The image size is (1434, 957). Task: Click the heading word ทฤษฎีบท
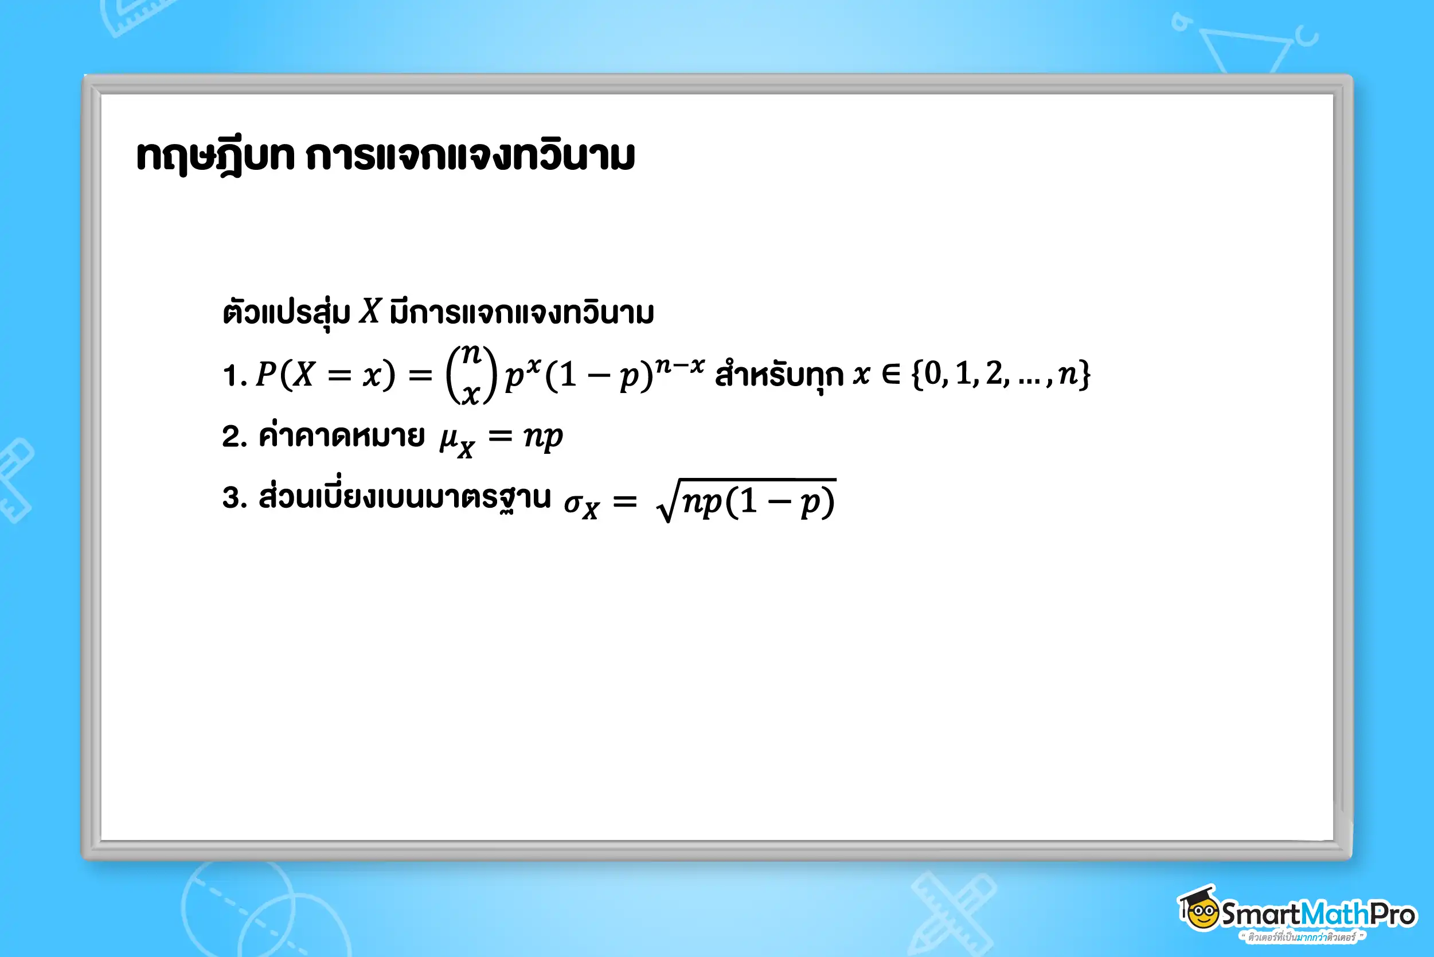(216, 157)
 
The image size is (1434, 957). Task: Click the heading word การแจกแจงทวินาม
(470, 156)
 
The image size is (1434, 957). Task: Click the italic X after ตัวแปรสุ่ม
(370, 312)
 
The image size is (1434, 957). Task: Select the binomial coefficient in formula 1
(471, 374)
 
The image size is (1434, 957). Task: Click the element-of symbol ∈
(890, 374)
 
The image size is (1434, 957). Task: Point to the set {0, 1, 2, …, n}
(1001, 374)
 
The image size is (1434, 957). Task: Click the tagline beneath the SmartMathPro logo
(1302, 937)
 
